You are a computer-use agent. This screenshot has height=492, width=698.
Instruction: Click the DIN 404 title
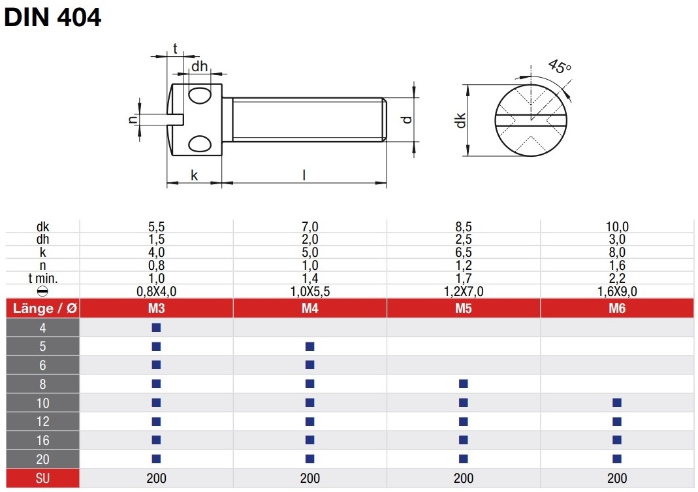pos(52,18)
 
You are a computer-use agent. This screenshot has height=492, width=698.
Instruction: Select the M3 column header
pos(156,308)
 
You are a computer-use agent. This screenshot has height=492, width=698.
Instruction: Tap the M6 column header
pos(617,308)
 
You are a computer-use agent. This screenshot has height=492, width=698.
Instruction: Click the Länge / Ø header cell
pos(43,308)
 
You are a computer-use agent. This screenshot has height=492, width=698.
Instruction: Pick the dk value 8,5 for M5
pos(464,226)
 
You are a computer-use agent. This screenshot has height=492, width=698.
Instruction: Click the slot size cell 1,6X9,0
pos(617,291)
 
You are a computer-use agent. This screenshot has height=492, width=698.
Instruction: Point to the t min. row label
pos(42,278)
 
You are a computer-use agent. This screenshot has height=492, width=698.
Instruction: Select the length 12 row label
pos(42,421)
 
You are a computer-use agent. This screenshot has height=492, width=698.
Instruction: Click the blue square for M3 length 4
pos(156,327)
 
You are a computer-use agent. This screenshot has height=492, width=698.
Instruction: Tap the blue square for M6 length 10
pos(617,403)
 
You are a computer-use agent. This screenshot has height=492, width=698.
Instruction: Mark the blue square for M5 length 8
pos(464,384)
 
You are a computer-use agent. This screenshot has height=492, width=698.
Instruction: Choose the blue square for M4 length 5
pos(310,346)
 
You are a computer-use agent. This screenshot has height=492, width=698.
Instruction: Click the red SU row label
pos(42,478)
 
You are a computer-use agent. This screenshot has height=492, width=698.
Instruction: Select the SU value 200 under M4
pos(310,478)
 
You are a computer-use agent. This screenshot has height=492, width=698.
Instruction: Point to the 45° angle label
pos(559,67)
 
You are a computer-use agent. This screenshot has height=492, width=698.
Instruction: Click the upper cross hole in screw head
pos(200,95)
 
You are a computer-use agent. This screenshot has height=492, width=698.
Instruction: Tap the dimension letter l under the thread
pos(304,174)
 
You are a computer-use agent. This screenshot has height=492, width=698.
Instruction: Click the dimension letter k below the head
pos(194,175)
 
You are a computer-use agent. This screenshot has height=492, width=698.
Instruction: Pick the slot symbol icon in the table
pos(42,291)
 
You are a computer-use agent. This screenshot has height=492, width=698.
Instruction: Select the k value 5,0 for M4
pos(310,252)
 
